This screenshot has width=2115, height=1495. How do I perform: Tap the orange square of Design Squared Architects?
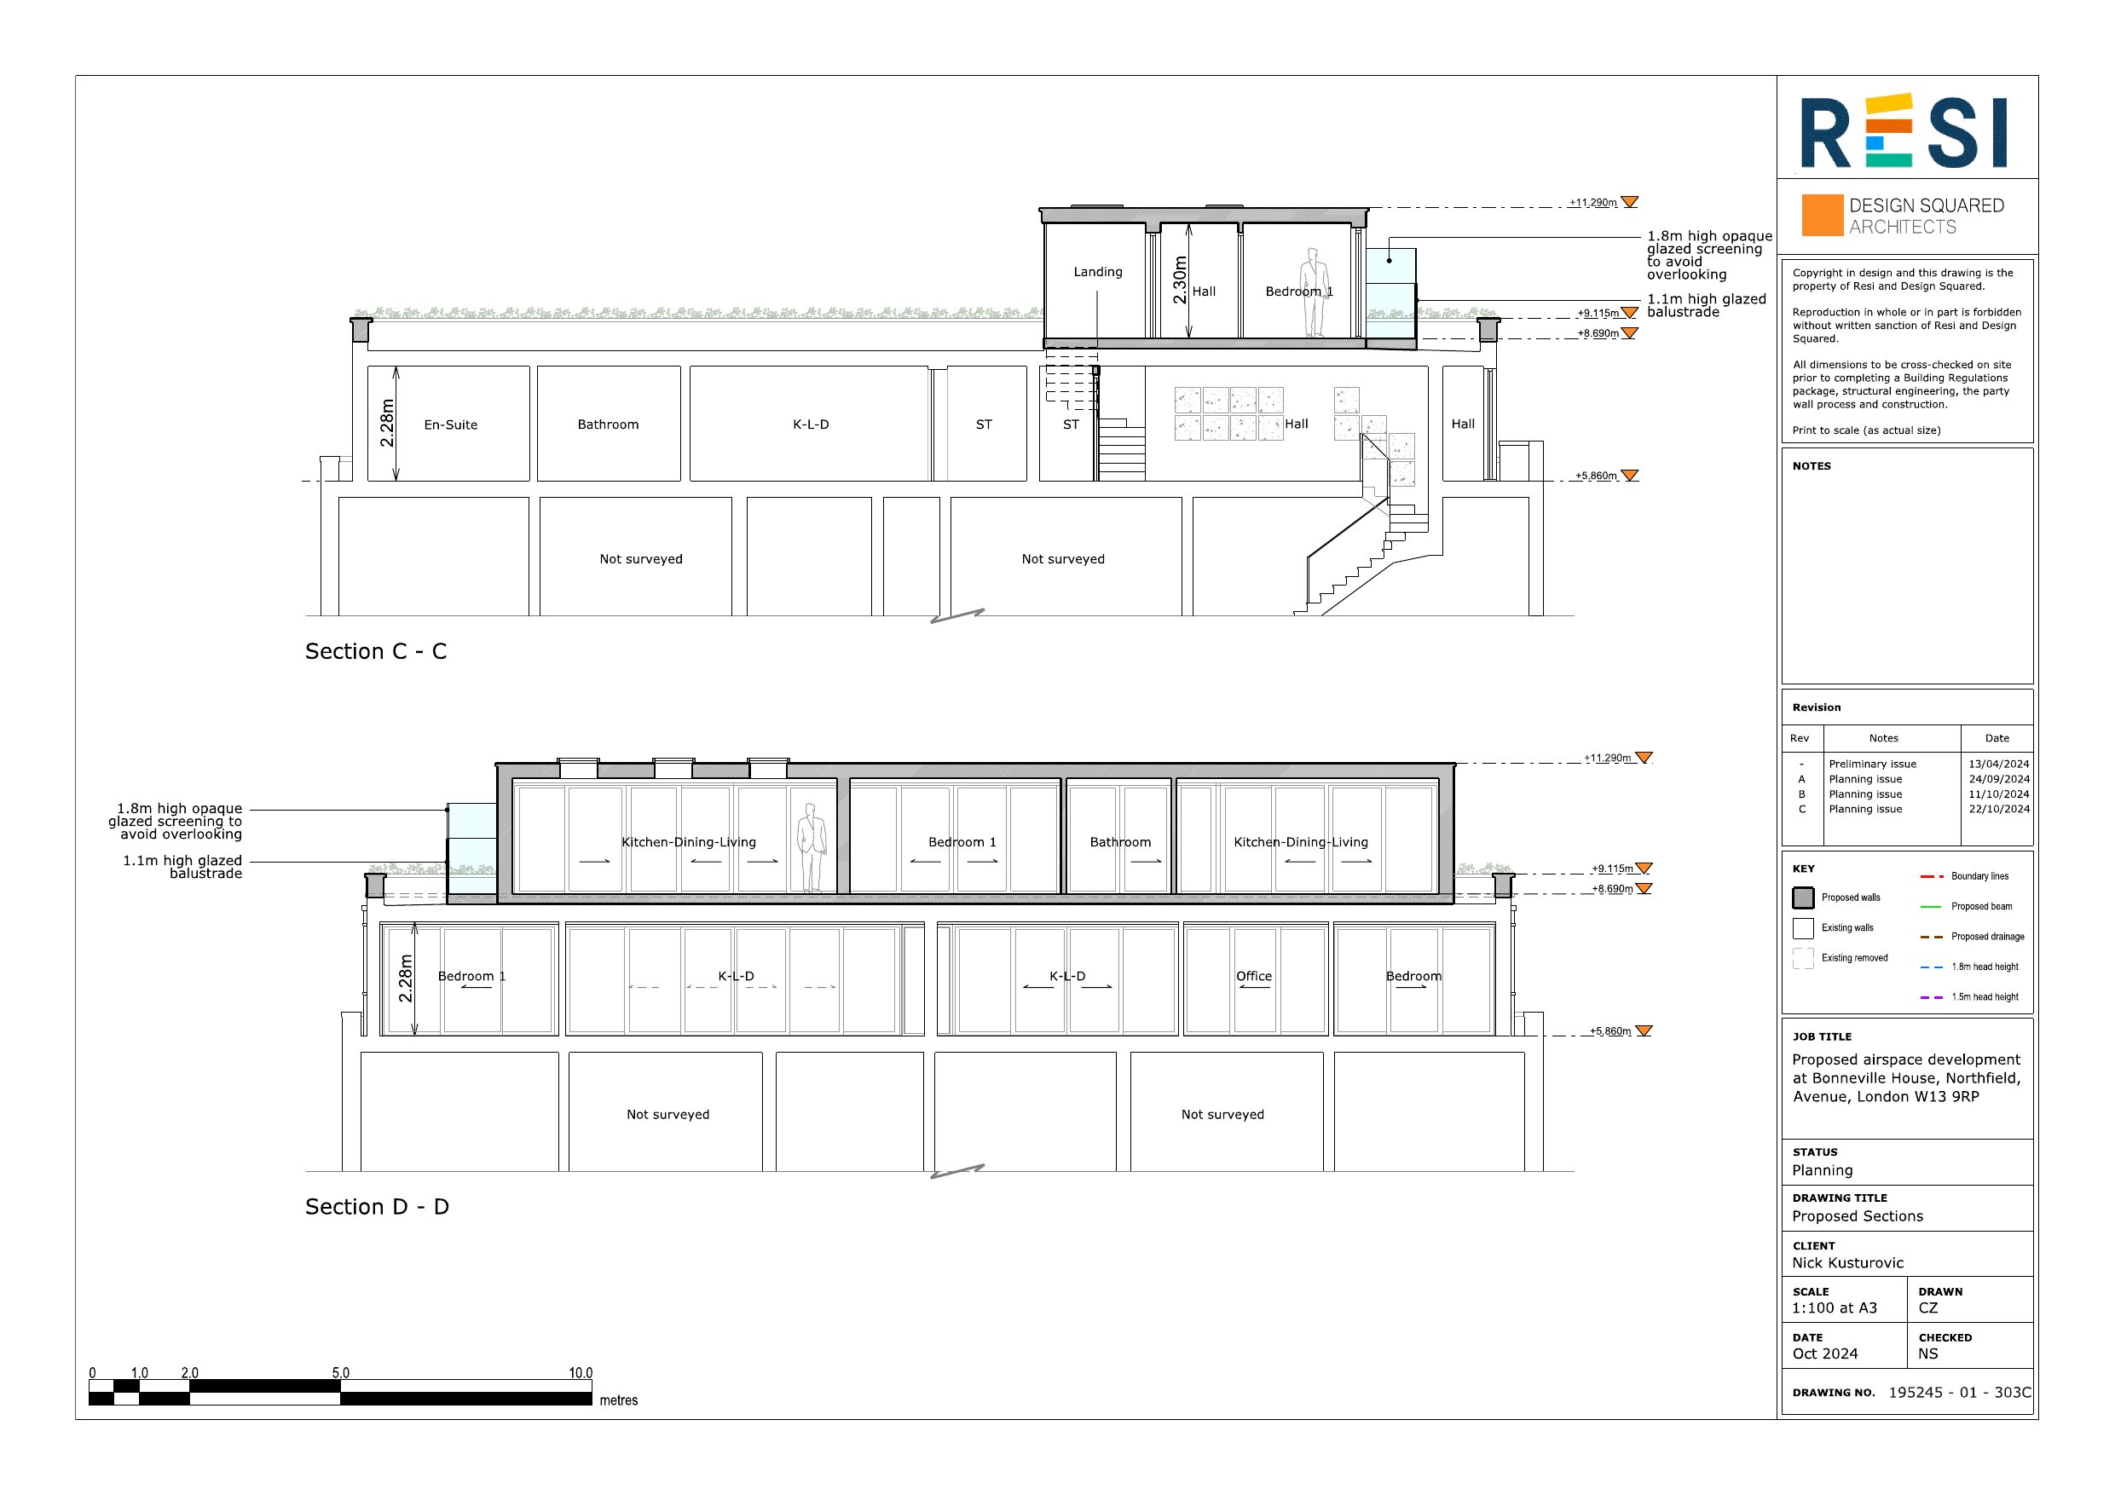click(1822, 215)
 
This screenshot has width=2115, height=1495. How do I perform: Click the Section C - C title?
click(376, 651)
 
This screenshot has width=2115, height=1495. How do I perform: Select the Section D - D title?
click(377, 1207)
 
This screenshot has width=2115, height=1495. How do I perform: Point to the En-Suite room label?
click(450, 424)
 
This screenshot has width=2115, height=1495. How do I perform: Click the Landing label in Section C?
click(1098, 272)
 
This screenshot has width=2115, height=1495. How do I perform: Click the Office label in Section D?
click(1254, 977)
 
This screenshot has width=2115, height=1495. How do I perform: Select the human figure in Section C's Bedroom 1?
click(1315, 292)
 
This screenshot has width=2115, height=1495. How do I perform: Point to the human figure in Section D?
click(812, 848)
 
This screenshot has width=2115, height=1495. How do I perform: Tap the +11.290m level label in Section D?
click(1608, 758)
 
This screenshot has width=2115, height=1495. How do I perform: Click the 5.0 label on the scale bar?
click(341, 1372)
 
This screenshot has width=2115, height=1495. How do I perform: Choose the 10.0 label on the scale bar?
click(581, 1372)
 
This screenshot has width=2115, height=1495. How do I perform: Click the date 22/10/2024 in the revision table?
click(1999, 809)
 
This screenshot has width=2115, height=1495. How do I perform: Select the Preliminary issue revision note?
click(1872, 764)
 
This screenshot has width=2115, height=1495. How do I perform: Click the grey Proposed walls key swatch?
click(1803, 898)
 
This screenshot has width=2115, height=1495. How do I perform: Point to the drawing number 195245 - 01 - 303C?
click(1959, 1392)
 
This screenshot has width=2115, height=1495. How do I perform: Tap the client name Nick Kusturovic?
click(1848, 1263)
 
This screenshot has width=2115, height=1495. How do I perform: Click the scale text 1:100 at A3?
click(1834, 1308)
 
